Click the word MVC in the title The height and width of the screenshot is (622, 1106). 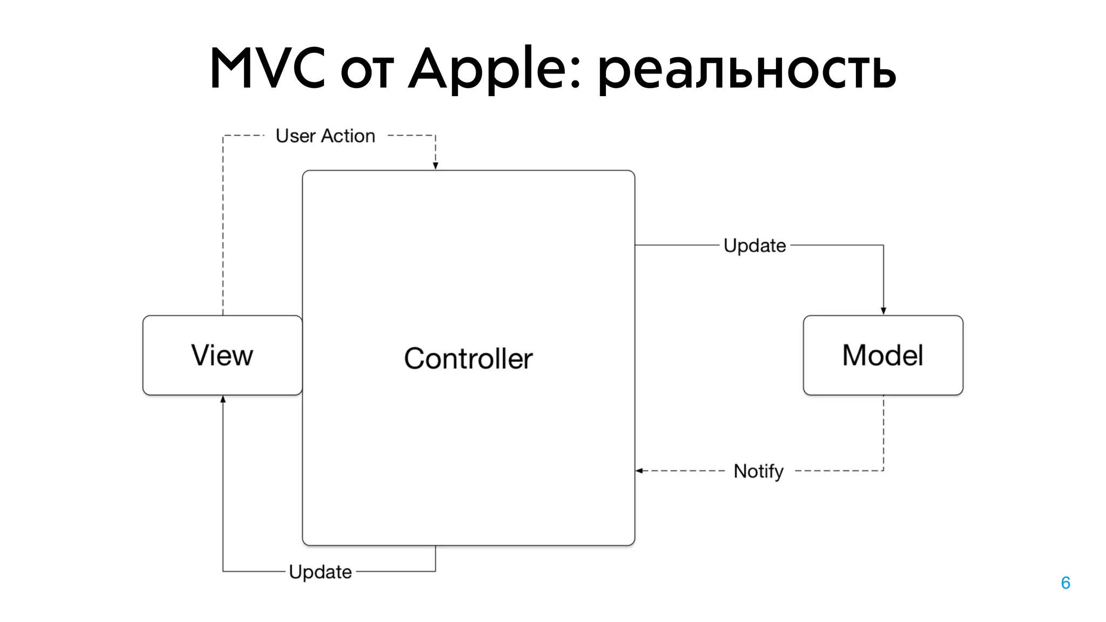268,69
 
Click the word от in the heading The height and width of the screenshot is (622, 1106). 367,73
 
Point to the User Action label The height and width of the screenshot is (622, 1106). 325,136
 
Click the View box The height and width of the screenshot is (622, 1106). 222,355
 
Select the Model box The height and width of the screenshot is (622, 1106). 882,355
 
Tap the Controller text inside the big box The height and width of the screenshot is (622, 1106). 468,359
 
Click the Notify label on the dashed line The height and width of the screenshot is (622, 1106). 758,471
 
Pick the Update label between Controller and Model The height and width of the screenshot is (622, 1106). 754,246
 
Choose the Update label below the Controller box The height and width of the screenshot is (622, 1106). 320,572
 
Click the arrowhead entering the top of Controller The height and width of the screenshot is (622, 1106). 435,166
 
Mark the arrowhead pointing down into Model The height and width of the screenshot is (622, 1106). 884,311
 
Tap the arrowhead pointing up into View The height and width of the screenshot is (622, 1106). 223,400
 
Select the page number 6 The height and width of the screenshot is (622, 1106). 1065,583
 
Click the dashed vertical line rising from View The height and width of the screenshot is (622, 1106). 223,227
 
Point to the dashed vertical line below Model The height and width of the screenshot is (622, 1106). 884,432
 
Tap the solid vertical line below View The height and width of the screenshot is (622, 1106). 223,486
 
